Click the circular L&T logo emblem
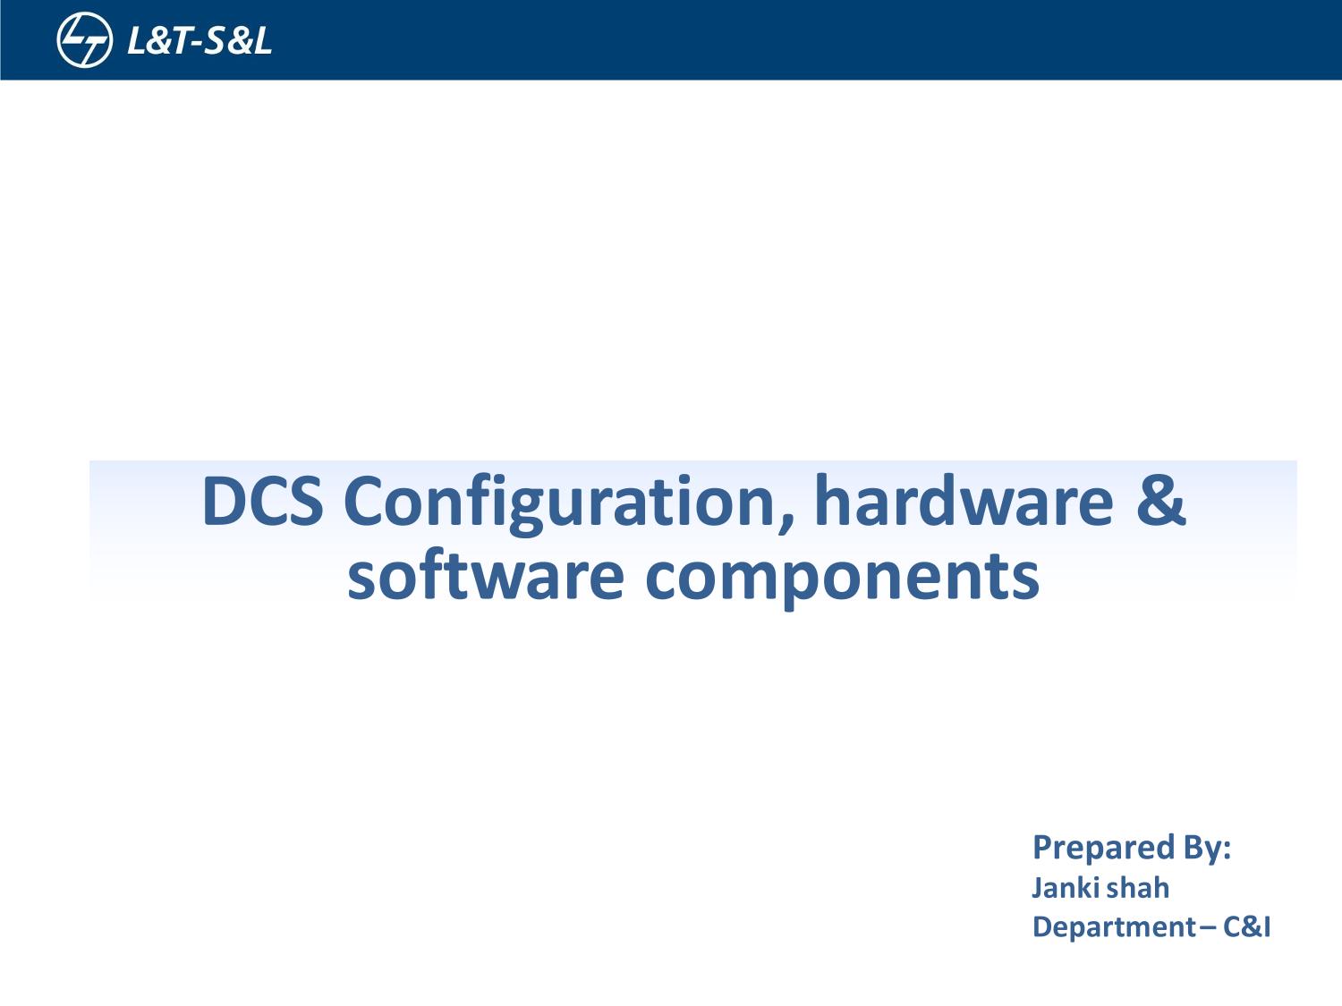[x=84, y=40]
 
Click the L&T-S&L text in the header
[x=199, y=41]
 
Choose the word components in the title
[x=841, y=577]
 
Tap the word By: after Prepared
[x=1207, y=847]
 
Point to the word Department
[x=1114, y=927]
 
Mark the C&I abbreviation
[x=1246, y=927]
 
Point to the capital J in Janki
[x=1039, y=888]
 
